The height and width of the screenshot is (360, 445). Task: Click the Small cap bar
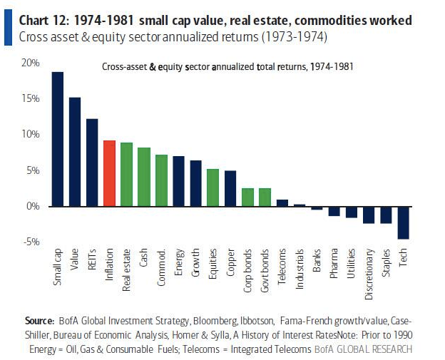(x=58, y=139)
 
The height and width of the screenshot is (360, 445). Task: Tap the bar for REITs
(x=92, y=163)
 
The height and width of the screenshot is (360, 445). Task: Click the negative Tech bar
(x=404, y=222)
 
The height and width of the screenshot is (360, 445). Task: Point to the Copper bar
(x=230, y=188)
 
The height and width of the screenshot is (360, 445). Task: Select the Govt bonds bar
(x=265, y=197)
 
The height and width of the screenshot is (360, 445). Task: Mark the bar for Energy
(x=178, y=181)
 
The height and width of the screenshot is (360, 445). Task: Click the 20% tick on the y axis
(x=30, y=63)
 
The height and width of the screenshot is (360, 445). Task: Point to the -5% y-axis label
(x=30, y=242)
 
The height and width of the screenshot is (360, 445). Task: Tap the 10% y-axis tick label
(x=30, y=135)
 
